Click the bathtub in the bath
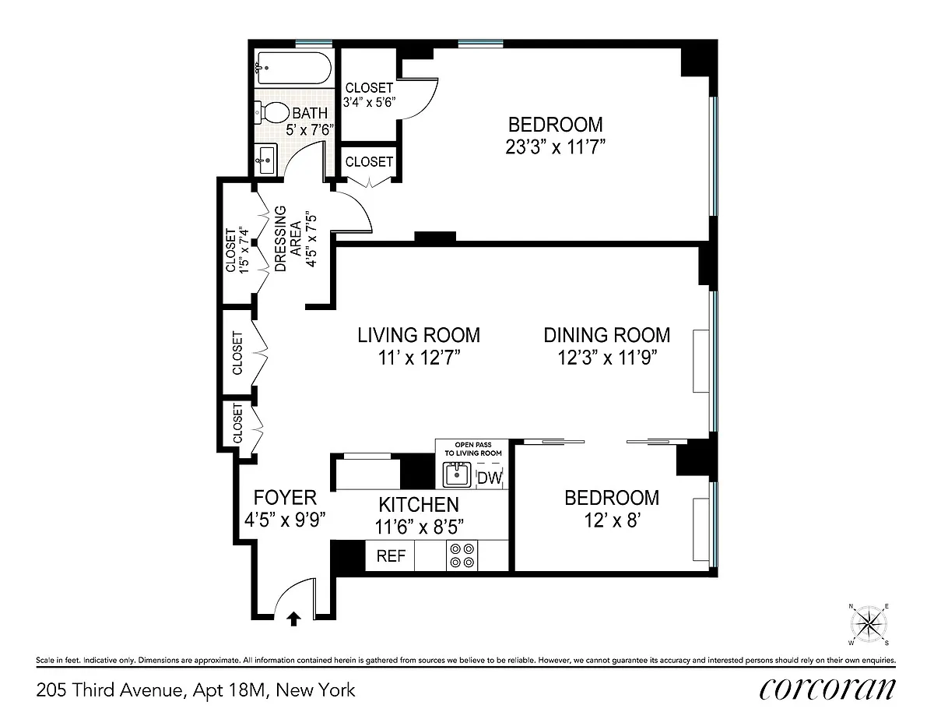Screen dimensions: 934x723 pos(294,69)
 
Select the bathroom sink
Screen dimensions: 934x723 pos(265,160)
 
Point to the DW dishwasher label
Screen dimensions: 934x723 pos(490,478)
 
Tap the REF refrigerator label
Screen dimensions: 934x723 pos(391,556)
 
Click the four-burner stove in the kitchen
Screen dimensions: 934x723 pos(462,555)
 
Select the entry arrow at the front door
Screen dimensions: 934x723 pos(294,619)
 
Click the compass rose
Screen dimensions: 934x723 pos(869,625)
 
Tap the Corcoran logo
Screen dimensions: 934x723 pos(827,689)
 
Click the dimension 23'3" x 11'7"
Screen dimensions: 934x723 pos(555,147)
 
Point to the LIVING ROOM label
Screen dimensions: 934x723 pos(419,335)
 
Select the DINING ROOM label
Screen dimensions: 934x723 pos(607,335)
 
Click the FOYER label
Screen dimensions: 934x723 pos(285,498)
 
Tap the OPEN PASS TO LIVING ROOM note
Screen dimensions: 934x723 pos(472,449)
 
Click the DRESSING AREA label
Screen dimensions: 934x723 pos(288,238)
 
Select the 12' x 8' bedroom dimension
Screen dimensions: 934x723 pos(613,521)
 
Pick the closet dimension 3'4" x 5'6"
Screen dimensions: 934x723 pos(369,102)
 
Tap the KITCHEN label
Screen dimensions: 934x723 pos(419,505)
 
